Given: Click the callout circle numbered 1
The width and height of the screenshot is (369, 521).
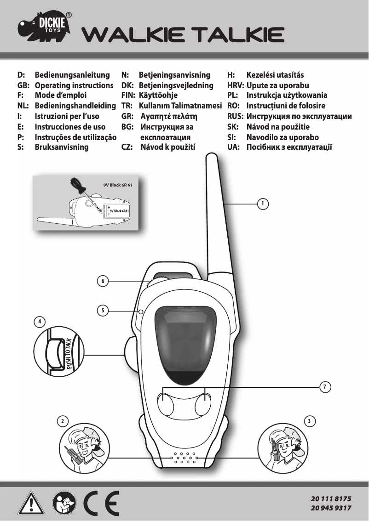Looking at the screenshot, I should tap(262, 203).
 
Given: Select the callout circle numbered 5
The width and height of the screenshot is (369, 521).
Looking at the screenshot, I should tap(103, 311).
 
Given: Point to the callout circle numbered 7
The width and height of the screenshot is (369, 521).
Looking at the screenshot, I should tap(325, 387).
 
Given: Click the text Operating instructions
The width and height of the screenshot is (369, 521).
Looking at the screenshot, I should tap(74, 85).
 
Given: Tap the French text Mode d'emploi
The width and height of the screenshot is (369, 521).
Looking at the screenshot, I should tap(61, 96).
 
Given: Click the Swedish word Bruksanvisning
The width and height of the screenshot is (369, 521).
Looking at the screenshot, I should tap(62, 148).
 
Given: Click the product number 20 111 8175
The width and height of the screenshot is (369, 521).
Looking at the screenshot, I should tap(331, 498).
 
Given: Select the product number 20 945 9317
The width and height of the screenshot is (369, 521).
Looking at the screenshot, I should tap(331, 508).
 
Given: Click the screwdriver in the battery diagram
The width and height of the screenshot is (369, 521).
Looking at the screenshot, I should tap(83, 193).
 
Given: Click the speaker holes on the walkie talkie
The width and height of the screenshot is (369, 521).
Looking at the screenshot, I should tap(184, 458).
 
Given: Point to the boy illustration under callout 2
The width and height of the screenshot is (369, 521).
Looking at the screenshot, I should tap(83, 446).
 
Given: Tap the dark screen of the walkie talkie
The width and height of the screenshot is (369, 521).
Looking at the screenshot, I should tap(186, 342).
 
